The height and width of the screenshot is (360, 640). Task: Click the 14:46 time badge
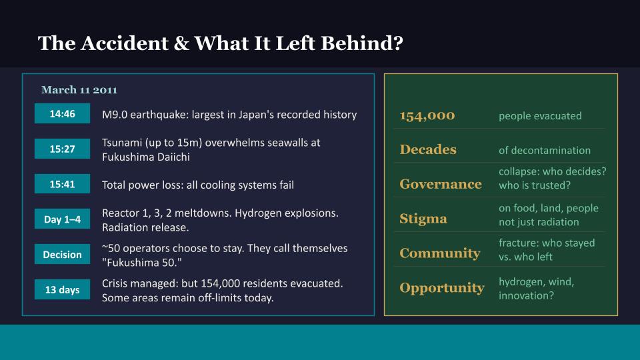(62, 115)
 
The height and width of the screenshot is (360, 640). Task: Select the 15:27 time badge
(62, 149)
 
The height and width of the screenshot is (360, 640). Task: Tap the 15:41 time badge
(62, 185)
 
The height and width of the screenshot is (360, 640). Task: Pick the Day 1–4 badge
(62, 219)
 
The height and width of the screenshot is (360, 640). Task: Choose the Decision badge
(62, 255)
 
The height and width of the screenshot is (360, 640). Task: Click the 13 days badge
(62, 289)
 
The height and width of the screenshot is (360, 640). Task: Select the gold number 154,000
(427, 115)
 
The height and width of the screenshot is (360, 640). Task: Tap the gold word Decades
(428, 150)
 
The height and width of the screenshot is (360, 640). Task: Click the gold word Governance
(440, 184)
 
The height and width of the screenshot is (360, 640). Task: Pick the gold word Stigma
(423, 219)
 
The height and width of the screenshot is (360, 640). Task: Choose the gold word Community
(439, 253)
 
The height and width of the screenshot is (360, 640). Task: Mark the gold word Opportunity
(441, 288)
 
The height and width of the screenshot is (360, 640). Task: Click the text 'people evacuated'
(540, 116)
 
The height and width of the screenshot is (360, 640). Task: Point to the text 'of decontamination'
(545, 151)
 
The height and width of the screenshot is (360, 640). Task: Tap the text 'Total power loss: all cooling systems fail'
(197, 185)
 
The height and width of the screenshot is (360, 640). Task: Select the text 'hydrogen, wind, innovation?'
(536, 288)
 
